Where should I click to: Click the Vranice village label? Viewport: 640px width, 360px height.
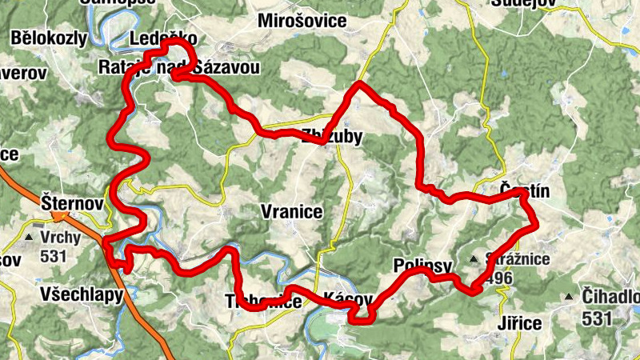tap(291, 212)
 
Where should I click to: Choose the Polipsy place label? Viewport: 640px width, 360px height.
tap(424, 266)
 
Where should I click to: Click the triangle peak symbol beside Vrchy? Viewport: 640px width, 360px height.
tap(30, 238)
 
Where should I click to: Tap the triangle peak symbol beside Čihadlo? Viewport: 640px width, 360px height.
tap(569, 298)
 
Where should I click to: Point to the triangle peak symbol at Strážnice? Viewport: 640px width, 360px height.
tap(473, 259)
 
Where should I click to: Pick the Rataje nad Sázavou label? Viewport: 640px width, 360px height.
tap(180, 67)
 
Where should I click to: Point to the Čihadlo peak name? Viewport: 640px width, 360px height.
tap(612, 297)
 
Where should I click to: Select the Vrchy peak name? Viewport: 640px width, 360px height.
tap(61, 238)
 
